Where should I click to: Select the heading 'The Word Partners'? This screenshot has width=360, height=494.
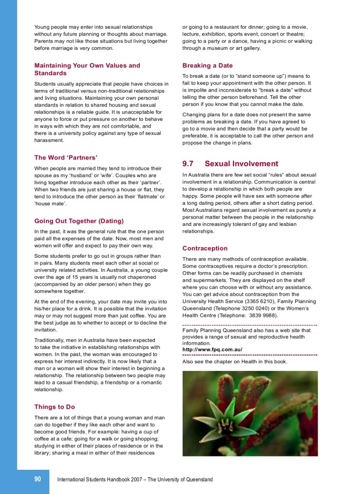(66, 157)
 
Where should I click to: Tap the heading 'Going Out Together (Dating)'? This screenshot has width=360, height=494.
(79, 221)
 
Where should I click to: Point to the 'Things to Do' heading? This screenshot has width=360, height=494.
(55, 407)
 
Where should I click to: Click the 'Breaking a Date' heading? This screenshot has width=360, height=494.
(207, 65)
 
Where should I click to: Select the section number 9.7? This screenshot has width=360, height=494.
(188, 164)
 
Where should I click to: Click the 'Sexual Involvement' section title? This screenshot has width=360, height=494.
(241, 164)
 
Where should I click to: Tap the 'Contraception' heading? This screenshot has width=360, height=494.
(205, 248)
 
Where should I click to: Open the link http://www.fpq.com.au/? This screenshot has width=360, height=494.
(212, 349)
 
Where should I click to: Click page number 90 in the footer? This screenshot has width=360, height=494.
(38, 479)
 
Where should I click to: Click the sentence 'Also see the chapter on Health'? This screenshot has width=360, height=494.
(235, 361)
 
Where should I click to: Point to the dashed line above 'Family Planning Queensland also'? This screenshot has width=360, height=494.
(249, 325)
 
